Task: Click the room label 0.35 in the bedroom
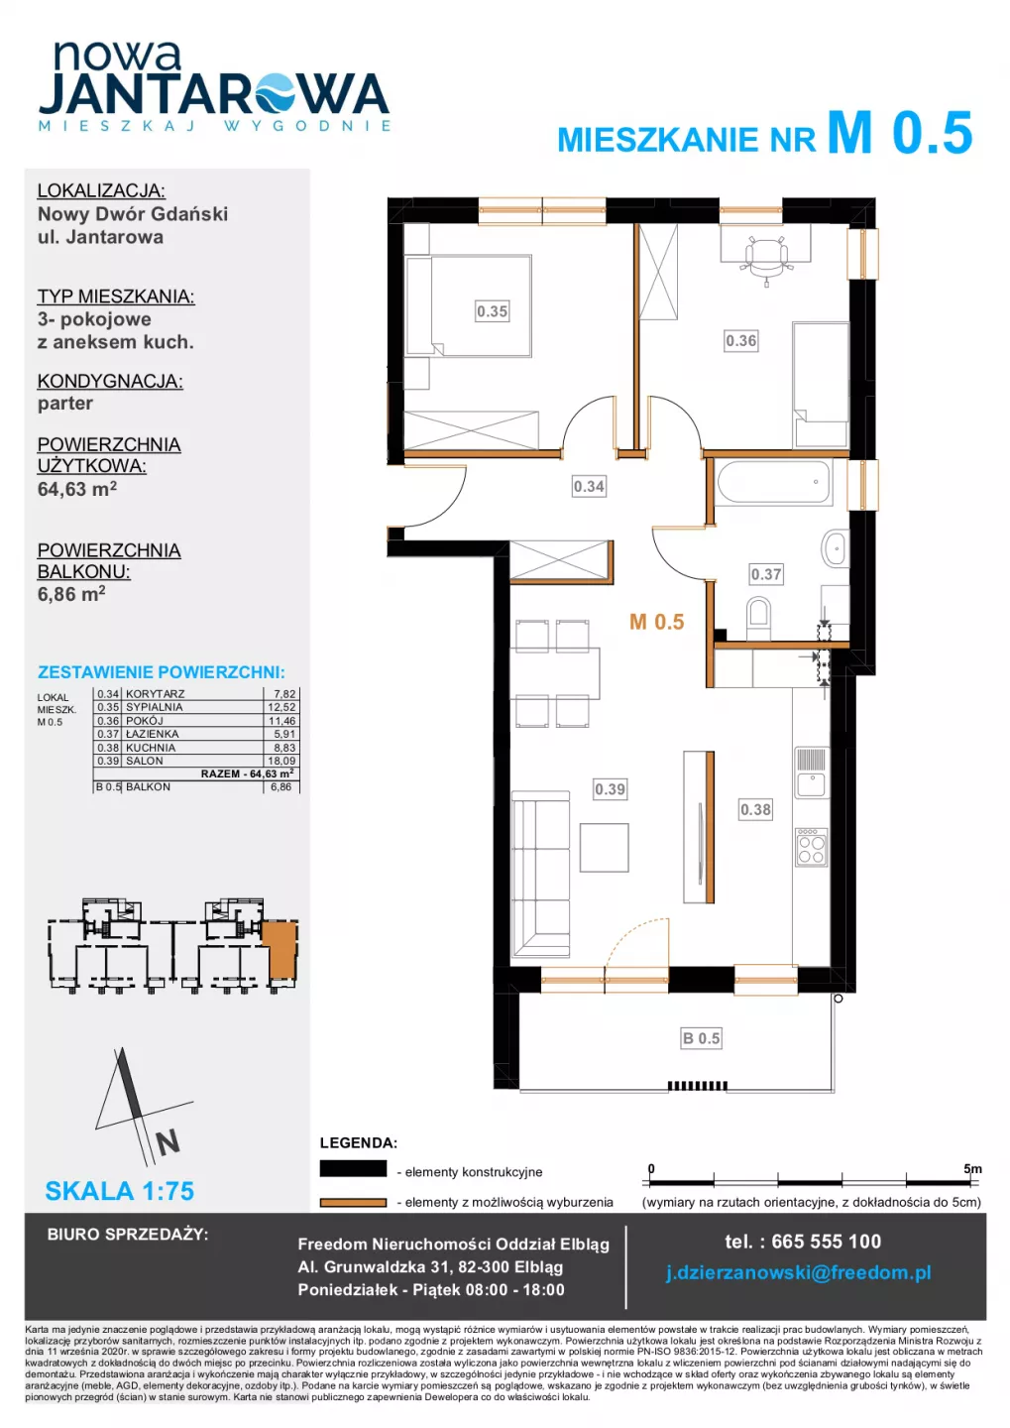(492, 311)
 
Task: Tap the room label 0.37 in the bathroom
(766, 574)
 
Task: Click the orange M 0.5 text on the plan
(656, 622)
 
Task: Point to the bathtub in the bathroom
(773, 483)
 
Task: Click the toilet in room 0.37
(757, 617)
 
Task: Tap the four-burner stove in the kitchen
(811, 847)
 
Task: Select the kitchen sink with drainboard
(812, 773)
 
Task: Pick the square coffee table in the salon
(604, 847)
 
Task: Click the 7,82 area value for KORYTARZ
(283, 693)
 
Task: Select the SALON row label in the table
(145, 761)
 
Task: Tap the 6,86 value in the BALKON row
(281, 786)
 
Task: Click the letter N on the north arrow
(168, 1143)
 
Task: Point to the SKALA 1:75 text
(120, 1190)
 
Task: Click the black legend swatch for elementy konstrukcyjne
(353, 1168)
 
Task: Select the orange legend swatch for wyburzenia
(353, 1202)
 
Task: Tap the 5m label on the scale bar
(972, 1168)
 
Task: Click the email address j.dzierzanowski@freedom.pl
(799, 1272)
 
